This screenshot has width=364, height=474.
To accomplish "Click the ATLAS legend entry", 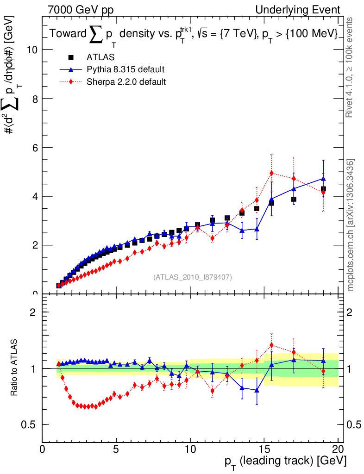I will point(100,57).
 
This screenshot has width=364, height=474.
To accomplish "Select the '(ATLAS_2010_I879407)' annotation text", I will point(193,277).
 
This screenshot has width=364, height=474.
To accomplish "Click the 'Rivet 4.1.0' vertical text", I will point(351,68).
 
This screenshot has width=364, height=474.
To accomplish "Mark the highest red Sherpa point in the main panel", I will point(272,173).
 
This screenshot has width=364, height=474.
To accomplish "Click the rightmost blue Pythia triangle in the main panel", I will point(323,178).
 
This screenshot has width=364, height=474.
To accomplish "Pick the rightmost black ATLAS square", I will point(323,189).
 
